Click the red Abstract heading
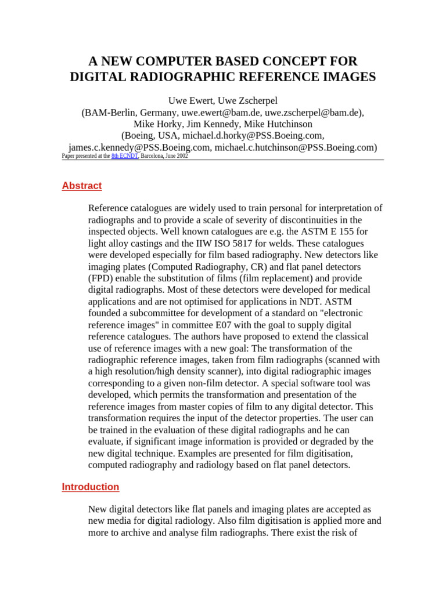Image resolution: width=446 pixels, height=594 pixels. tap(82, 186)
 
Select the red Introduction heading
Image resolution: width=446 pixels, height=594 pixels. tap(91, 487)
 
